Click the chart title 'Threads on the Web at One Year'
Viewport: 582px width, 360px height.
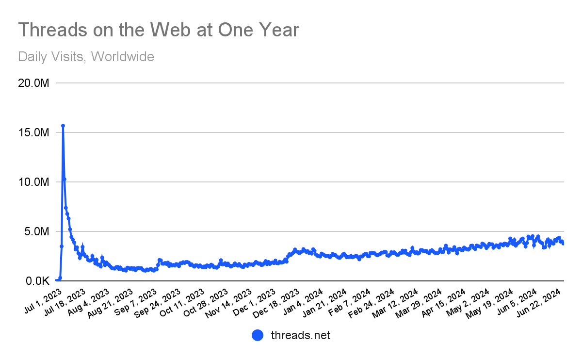coord(159,30)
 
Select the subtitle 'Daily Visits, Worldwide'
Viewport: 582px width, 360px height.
coord(86,57)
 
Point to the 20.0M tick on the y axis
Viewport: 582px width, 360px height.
coord(33,83)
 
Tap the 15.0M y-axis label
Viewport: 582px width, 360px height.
coord(33,132)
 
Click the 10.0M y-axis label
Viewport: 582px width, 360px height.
coord(33,182)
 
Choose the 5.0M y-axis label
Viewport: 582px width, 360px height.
coord(36,231)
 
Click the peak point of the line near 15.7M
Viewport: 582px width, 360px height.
coord(63,126)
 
